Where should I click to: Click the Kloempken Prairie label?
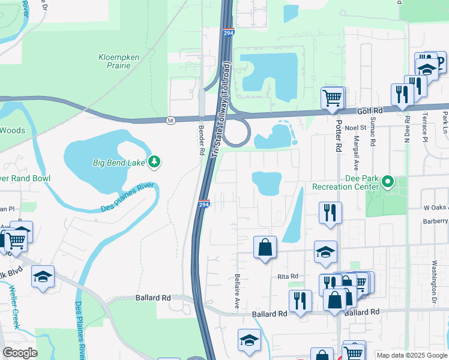(119, 61)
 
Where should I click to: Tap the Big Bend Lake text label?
(120, 162)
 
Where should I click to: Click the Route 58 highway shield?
(171, 121)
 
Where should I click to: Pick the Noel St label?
(355, 128)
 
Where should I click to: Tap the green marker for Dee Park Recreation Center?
(388, 181)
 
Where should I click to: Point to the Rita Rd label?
(288, 277)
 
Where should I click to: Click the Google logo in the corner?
(20, 353)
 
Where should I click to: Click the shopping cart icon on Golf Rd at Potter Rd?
(332, 97)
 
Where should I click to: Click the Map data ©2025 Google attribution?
(412, 355)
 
